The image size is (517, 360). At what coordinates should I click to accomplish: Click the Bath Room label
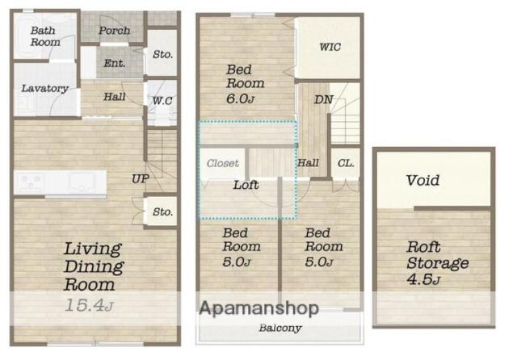pos(45,36)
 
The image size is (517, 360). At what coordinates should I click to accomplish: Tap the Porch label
pos(114,31)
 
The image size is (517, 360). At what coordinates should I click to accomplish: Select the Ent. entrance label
pos(114,63)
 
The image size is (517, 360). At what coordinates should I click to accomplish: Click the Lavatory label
pos(45,88)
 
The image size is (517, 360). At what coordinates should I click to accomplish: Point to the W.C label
pos(162,100)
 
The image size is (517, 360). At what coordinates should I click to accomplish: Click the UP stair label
pos(140,179)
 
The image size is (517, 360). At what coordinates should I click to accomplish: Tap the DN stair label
pos(323,99)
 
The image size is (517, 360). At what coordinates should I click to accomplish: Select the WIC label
pos(330,47)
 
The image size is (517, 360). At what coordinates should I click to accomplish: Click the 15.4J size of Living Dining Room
pos(89,305)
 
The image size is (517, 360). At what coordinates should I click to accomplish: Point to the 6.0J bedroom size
pos(241,98)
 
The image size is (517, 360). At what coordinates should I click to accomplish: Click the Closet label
pos(223,163)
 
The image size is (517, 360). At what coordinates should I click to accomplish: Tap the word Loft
pos(246,185)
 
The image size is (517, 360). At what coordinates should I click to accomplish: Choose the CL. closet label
pos(346,163)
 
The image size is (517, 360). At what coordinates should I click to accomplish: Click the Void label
pos(422,180)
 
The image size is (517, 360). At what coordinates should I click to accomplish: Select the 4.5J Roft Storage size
pos(423,279)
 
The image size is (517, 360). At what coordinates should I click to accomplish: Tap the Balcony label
pos(280,328)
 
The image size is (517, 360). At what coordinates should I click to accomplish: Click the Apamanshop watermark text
pos(259,308)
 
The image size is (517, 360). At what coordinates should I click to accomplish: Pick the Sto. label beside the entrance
pos(162,54)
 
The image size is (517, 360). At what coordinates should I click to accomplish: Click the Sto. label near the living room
pos(162,211)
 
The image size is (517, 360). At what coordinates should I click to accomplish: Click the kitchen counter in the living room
pos(60,183)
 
